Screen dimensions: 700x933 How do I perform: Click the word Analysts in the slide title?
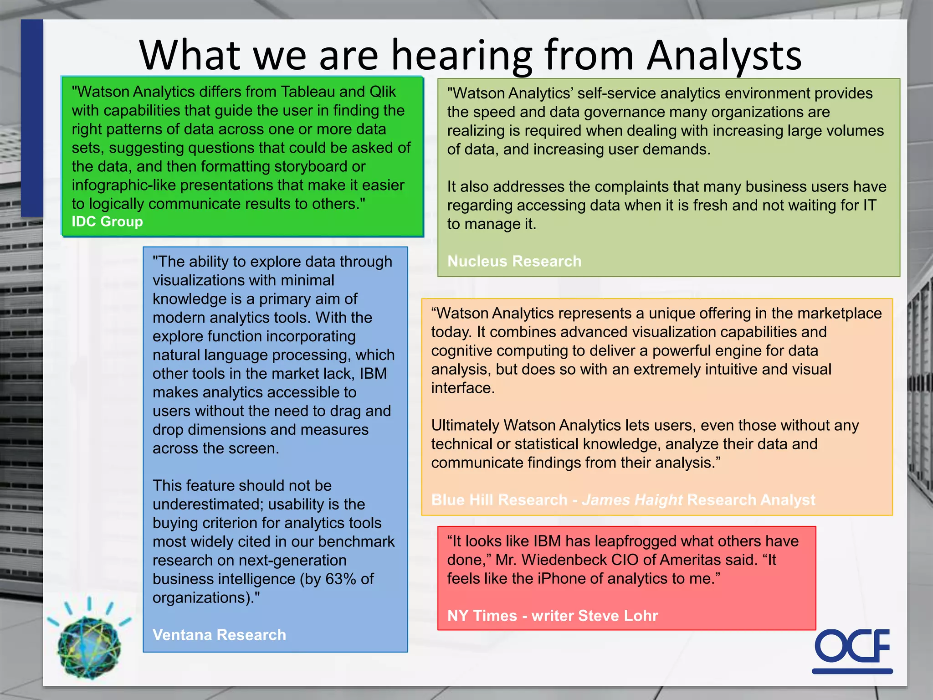pos(724,56)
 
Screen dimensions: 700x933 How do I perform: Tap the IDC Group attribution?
pos(107,221)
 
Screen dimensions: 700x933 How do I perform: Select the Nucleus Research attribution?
pos(514,261)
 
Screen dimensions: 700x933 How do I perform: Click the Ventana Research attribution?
pos(219,635)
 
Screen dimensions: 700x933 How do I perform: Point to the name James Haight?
pos(632,500)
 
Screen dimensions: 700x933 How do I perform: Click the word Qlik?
pos(383,92)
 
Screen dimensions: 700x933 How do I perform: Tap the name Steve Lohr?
pos(618,616)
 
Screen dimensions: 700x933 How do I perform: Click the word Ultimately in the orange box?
pos(465,425)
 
